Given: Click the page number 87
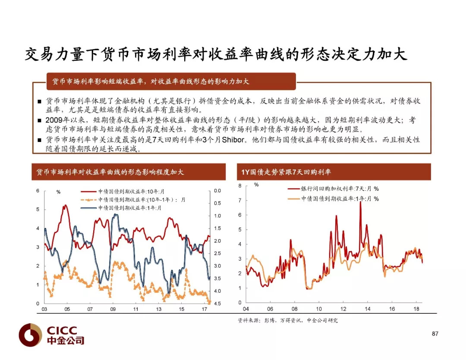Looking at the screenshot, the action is pos(435,334).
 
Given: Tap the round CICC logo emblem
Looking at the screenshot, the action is pos(30,335).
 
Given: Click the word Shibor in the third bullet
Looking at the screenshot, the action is pos(233,139).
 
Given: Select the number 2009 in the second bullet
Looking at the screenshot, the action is pos(54,120).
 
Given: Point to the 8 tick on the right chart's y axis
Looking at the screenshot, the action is pos(240,186).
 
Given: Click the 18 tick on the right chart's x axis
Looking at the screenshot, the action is pos(416,309).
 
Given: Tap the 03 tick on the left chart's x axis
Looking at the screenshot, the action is pos(44,309).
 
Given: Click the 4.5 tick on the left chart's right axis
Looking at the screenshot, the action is pos(217,303).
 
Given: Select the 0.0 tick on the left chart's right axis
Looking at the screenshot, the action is pos(217,190).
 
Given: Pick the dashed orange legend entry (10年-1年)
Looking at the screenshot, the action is pos(133,200).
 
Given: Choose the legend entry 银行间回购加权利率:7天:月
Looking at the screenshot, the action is pos(333,189).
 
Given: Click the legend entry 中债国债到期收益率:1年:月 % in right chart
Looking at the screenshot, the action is pos(333,199).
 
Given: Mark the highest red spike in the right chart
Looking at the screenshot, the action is pos(360,202).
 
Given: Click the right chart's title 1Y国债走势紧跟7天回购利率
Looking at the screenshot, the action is pos(286,172).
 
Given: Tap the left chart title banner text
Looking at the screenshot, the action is pos(110,172).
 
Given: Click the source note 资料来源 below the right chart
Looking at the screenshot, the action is pos(288,320).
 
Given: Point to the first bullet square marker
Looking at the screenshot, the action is pos(39,101).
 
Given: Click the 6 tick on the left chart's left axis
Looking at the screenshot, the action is pos(38,190).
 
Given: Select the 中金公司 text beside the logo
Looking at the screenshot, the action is pos(66,340).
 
